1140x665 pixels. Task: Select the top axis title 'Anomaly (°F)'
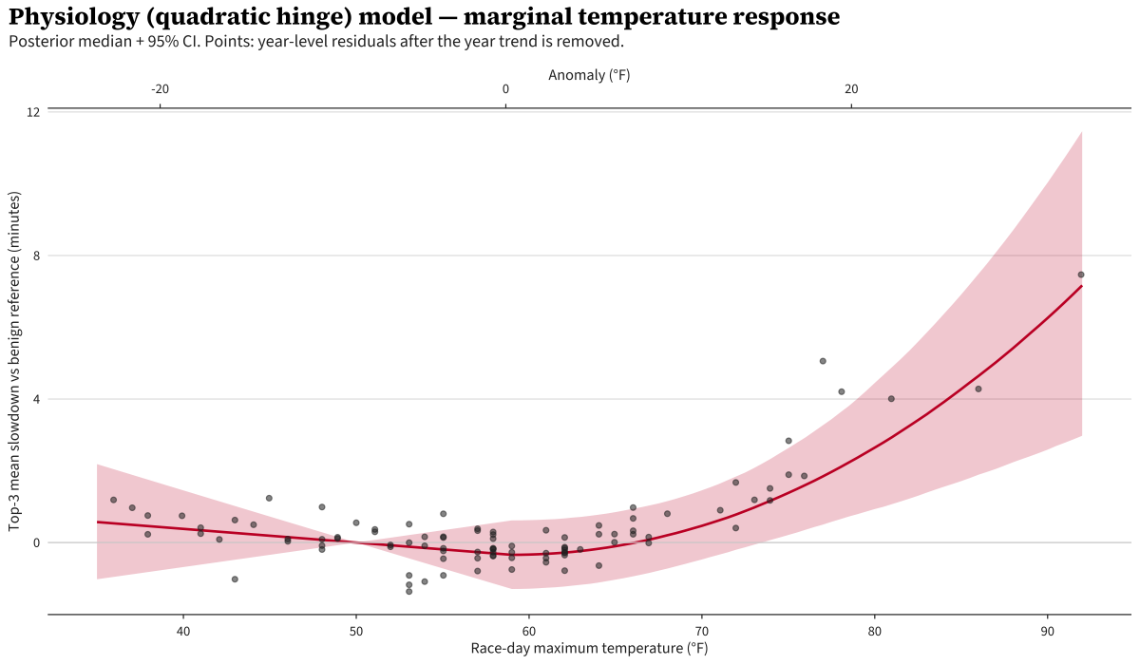coord(589,74)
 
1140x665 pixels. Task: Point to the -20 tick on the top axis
coord(160,90)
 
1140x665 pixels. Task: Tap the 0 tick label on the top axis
coord(506,90)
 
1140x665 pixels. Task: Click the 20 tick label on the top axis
coord(852,90)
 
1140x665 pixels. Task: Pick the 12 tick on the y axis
coord(33,112)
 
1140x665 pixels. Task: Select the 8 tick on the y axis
coord(35,256)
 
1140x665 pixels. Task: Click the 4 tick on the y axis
coord(35,399)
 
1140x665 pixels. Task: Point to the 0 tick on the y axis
coord(35,542)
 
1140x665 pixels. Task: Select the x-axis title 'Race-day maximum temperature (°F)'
coord(589,649)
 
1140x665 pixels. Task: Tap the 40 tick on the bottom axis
coord(183,630)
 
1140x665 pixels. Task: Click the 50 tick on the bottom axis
coord(356,630)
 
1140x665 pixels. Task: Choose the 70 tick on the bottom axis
coord(702,630)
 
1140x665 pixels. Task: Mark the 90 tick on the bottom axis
coord(1047,630)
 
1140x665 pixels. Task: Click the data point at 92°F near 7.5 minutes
coord(1081,275)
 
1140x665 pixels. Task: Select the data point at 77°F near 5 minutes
coord(823,361)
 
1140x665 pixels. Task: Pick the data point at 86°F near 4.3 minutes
coord(978,389)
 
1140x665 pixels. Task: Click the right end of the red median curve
coord(1081,286)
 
